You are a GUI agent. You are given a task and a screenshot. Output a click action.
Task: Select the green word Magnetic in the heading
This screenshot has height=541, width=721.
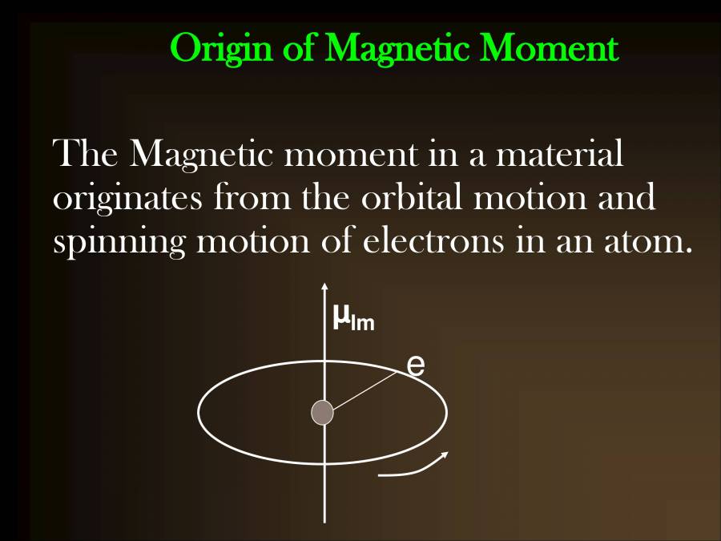397,49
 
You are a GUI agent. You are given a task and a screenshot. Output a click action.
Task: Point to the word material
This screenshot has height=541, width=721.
560,153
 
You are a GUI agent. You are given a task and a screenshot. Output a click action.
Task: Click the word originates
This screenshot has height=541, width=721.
127,198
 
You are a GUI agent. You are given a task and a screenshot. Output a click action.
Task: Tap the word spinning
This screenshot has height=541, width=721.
119,242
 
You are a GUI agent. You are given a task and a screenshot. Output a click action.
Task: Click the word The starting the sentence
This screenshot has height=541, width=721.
85,152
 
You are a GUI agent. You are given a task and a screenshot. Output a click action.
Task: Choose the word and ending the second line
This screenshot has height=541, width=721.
626,196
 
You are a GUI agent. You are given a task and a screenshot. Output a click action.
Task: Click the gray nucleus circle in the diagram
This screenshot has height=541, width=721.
322,412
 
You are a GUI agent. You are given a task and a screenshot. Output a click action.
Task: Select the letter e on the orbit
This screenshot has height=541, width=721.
416,365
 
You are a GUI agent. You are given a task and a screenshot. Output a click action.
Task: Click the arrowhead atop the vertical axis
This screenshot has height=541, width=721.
324,287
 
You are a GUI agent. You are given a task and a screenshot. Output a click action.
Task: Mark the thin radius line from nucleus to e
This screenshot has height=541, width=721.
365,390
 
